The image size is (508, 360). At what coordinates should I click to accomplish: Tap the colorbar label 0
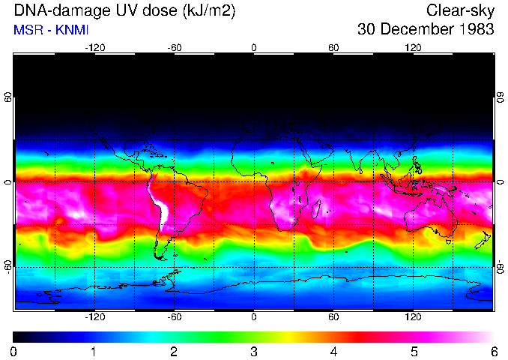[13, 351]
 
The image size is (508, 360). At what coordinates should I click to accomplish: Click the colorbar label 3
[254, 351]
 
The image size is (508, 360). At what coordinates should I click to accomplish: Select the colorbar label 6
[494, 351]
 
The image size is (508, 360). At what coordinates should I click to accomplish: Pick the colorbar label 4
[333, 351]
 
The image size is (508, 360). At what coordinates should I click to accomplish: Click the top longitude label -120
[94, 47]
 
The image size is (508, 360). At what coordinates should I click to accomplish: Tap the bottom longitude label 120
[414, 317]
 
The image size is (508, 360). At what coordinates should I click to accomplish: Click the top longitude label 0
[254, 47]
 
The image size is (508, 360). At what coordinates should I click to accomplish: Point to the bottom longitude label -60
[174, 317]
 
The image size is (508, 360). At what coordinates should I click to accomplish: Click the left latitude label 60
[7, 97]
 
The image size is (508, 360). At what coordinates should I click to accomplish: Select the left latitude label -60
[7, 267]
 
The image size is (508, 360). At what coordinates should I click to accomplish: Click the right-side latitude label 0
[501, 182]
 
